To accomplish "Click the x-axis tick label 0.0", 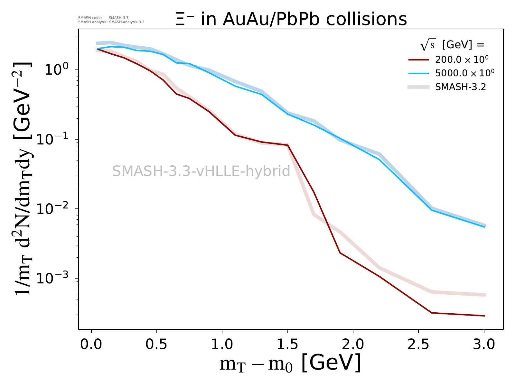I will pos(91,345).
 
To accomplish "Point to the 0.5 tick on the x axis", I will pos(156,345).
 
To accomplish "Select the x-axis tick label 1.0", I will pos(222,345).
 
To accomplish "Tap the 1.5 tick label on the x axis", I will pos(287,345).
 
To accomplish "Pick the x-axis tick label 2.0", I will pos(353,345).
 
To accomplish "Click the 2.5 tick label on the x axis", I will pos(418,345).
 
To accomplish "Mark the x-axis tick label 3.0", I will pos(484,345).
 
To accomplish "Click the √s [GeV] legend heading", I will pos(452,45).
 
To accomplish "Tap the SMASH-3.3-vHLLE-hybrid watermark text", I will pos(201,171).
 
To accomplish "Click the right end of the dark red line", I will pos(484,316).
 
